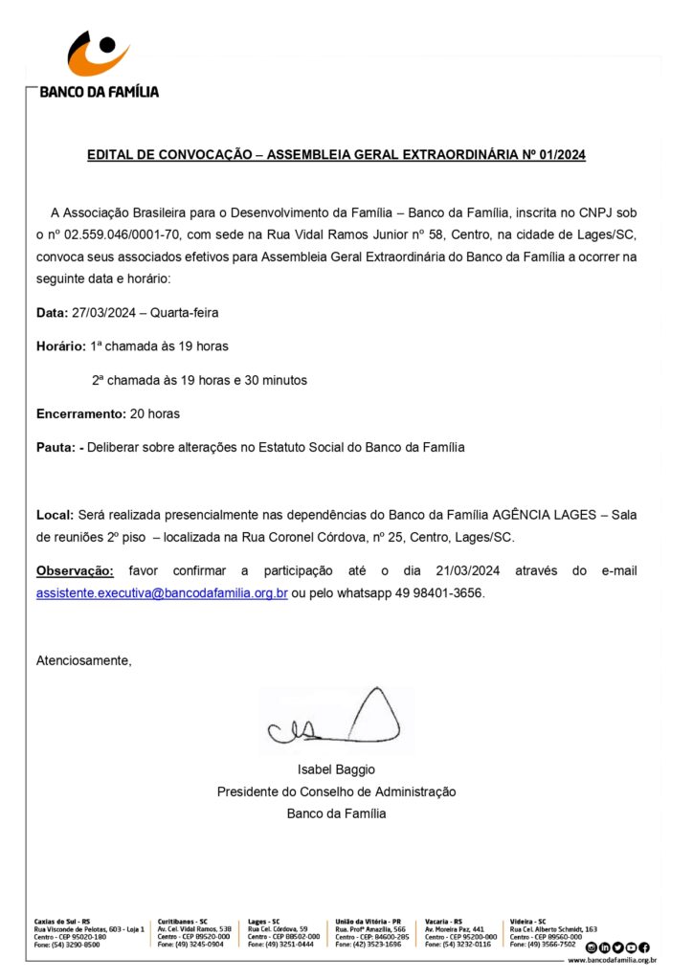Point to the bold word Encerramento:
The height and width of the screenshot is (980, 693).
point(80,413)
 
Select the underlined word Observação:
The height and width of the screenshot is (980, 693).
point(75,571)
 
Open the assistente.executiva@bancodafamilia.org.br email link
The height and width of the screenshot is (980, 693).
point(162,593)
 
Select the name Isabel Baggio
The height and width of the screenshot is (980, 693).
point(336,769)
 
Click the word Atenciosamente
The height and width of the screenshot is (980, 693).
point(83,660)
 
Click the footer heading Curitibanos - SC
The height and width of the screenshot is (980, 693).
point(183,921)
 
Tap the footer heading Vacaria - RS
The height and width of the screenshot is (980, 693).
point(443,921)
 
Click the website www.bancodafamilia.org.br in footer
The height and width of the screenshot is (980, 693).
point(612,959)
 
